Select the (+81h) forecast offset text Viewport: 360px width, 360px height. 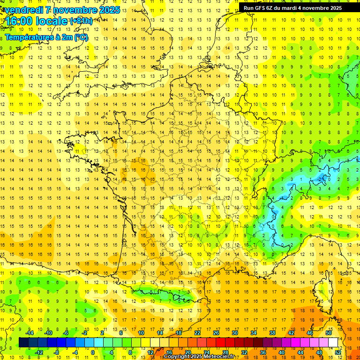coord(81,21)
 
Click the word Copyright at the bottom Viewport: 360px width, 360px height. coord(176,357)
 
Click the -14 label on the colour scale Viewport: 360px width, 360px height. coord(30,333)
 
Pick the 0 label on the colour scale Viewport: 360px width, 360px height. coord(93,352)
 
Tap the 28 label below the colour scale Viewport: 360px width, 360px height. coord(225,352)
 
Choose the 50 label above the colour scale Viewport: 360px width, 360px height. coord(328,333)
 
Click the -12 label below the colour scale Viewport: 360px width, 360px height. coord(39,352)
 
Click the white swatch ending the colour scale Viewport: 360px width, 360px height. coord(333,343)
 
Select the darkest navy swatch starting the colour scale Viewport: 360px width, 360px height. coord(23,343)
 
